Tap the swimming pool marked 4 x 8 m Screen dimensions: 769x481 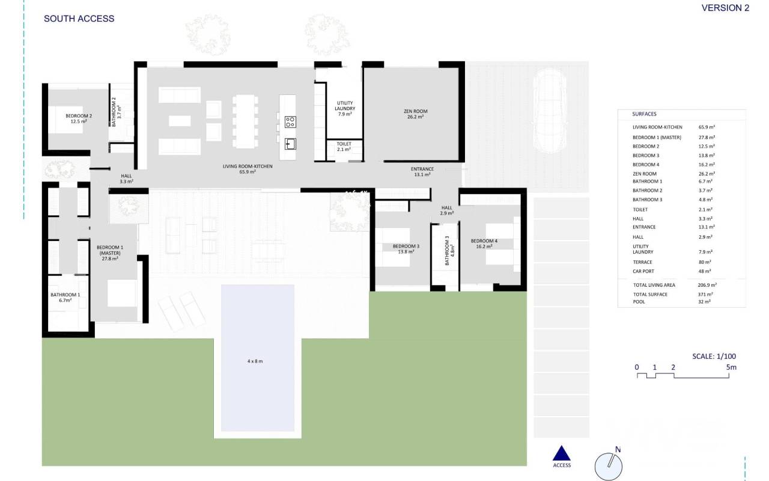258,358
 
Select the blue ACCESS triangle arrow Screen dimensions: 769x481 561,453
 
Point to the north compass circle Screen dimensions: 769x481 609,467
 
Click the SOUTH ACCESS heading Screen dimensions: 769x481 79,19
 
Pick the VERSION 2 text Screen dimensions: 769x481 725,8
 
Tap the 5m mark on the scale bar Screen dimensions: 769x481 731,367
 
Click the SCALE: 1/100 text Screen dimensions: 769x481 714,357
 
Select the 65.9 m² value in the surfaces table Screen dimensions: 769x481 707,127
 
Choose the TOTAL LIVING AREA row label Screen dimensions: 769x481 654,285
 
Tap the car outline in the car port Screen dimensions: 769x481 550,111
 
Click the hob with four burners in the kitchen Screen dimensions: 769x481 290,122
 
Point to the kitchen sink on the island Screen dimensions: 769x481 290,144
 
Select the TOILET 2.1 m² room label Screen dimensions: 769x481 344,147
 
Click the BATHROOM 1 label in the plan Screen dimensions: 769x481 65,298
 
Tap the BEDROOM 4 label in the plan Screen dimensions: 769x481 484,244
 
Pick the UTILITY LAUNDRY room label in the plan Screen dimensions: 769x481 345,108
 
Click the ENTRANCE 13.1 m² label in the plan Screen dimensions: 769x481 422,172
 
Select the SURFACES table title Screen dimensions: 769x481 644,114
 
